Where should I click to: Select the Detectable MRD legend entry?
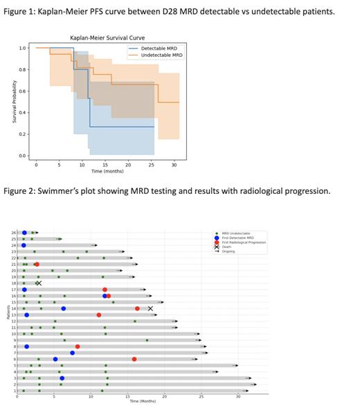[x=159, y=48]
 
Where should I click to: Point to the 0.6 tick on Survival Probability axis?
[x=23, y=91]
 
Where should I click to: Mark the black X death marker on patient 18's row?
[x=39, y=283]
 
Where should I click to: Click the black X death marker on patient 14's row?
[x=150, y=308]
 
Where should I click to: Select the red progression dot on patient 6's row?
[x=134, y=359]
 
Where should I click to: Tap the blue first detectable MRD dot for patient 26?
[x=24, y=233]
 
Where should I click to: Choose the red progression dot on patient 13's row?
[x=99, y=315]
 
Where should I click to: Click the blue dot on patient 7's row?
[x=72, y=353]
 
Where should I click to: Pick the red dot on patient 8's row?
[x=78, y=346]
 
